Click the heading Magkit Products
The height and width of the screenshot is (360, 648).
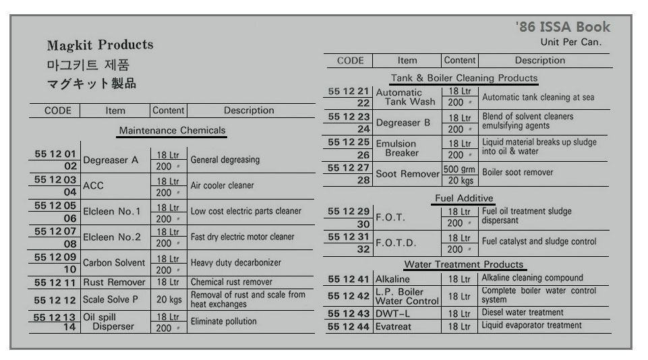coord(100,45)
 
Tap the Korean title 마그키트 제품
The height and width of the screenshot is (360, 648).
coord(88,65)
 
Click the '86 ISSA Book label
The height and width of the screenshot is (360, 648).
coord(562,27)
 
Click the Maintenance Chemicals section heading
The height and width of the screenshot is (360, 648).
coord(172,130)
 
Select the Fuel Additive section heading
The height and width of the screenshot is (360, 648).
coord(464,198)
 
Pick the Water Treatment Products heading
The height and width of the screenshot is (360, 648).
coord(464,264)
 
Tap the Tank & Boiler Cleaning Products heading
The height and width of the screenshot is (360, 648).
coord(465,78)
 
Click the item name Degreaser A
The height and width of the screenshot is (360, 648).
coord(111,160)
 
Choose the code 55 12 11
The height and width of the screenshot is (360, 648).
coord(54,282)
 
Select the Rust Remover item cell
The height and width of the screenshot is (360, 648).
coord(114,282)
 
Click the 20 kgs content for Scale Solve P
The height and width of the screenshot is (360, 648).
coord(169,299)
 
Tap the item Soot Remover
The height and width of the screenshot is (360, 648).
coord(407,174)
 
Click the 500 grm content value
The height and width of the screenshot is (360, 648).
coord(459,169)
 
